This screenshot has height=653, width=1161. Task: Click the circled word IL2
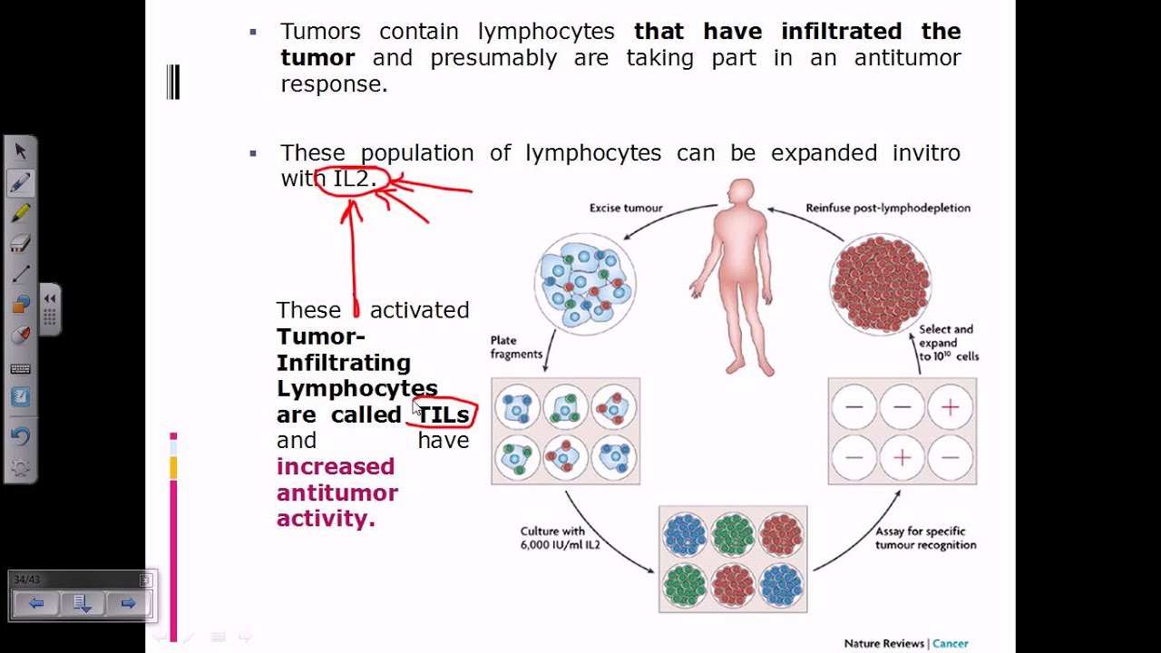point(352,179)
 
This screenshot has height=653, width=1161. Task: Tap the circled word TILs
point(444,414)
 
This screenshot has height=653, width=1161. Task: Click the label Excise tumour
point(626,208)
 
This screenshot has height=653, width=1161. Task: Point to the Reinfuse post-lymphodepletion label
point(887,208)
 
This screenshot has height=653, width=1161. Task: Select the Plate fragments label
point(516,347)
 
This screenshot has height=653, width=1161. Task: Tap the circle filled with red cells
point(880,283)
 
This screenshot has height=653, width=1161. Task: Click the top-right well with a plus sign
point(950,407)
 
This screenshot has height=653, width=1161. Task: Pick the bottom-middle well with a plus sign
point(902,457)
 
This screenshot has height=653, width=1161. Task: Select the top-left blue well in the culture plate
point(685,533)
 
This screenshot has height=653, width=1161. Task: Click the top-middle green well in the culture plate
point(733,533)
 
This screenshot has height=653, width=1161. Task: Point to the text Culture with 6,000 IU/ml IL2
point(560,538)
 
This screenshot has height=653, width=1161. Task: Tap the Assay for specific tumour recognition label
point(925,538)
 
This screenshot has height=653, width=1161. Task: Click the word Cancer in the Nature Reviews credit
point(951,643)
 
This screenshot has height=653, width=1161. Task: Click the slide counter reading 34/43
point(26,580)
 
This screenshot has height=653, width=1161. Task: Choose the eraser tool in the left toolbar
point(20,243)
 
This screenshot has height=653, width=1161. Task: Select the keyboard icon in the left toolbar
point(20,368)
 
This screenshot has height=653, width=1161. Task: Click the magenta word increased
point(336,466)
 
